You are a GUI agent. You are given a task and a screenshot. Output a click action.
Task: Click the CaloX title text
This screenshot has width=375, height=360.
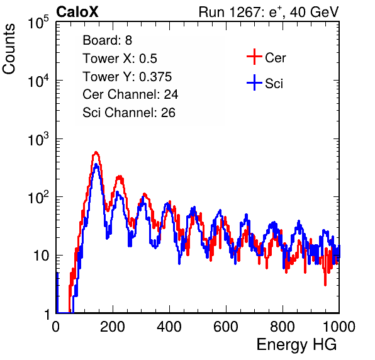pyautogui.click(x=77, y=12)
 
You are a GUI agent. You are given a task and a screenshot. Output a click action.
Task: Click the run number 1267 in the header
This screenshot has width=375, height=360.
pyautogui.click(x=244, y=12)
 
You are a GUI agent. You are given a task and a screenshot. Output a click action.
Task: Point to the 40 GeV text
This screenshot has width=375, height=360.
pyautogui.click(x=314, y=12)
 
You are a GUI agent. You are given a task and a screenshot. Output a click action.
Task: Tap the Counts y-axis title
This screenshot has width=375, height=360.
pyautogui.click(x=9, y=49)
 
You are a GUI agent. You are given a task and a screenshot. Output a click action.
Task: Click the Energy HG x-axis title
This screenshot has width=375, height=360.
pyautogui.click(x=296, y=345)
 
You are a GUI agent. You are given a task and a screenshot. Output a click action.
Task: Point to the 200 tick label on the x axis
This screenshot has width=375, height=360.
pyautogui.click(x=113, y=327)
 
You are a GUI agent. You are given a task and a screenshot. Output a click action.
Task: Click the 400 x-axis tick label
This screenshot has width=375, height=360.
pyautogui.click(x=169, y=327)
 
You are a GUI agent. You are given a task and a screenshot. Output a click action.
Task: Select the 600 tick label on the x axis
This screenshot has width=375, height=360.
pyautogui.click(x=226, y=327)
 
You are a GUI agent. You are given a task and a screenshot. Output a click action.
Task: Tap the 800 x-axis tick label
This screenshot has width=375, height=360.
pyautogui.click(x=283, y=327)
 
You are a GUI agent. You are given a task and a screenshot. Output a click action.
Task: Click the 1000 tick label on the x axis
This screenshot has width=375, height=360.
pyautogui.click(x=339, y=327)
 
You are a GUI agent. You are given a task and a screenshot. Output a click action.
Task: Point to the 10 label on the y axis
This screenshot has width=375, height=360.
pyautogui.click(x=42, y=256)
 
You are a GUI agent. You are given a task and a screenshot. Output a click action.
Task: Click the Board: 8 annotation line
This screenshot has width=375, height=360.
pyautogui.click(x=108, y=40)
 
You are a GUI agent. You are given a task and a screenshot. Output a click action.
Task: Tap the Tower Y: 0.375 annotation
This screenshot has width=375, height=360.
pyautogui.click(x=127, y=77)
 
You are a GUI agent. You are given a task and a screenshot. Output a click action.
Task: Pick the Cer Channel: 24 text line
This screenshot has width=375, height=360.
pyautogui.click(x=130, y=94)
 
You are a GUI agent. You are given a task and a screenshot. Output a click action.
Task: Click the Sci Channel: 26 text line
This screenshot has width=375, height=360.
pyautogui.click(x=129, y=113)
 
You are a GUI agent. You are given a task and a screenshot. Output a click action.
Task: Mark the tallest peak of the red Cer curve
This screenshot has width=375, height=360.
pyautogui.click(x=96, y=152)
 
